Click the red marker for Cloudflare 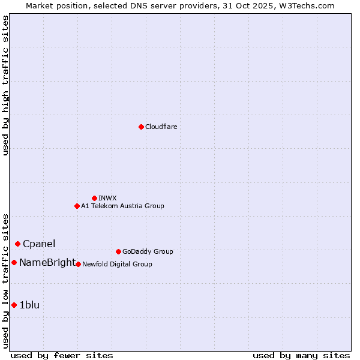coord(141,127)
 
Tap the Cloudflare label coord(161,127)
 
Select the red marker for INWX coord(94,198)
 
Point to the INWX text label coord(107,198)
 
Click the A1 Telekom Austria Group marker coord(77,206)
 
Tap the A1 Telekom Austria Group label coord(122,206)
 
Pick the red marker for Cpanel coord(18,244)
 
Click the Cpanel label coord(39,244)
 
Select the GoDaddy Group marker coord(118,251)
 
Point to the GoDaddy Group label coord(147,251)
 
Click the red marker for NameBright coord(14,262)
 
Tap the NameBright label coord(47,262)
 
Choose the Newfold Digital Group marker coord(78,264)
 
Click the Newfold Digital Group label coord(117,264)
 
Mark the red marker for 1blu coord(14,305)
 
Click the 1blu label coord(29,305)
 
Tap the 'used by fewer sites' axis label coord(62,355)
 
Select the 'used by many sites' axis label coord(301,355)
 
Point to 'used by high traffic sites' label coord(5,85)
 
